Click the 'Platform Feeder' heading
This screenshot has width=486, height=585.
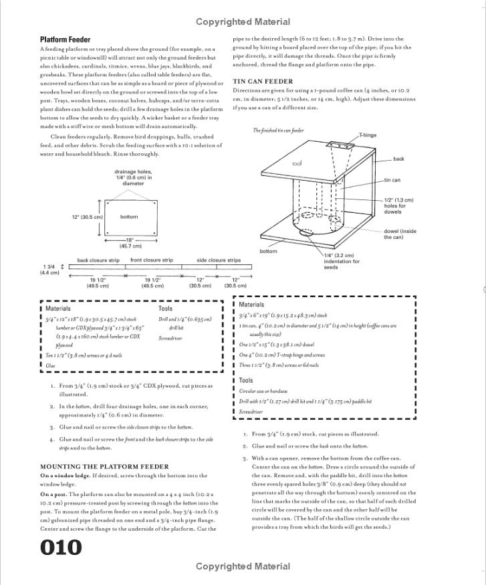tap(65, 39)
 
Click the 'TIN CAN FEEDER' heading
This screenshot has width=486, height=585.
tap(263, 82)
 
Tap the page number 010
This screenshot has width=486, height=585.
tap(61, 547)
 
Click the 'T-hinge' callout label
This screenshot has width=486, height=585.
tap(367, 135)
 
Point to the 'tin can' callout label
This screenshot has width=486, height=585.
tap(392, 180)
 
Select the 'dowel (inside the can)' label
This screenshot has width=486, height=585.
tap(399, 234)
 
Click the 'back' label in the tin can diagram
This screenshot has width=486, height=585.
tap(398, 159)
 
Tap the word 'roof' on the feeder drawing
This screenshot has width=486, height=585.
tap(297, 163)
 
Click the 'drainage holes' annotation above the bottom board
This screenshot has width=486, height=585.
tap(133, 177)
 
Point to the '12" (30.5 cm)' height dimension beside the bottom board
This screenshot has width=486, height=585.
tap(88, 217)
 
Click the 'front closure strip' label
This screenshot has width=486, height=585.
tap(151, 260)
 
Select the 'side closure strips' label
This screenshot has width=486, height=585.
tap(219, 260)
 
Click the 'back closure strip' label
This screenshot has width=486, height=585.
tap(98, 260)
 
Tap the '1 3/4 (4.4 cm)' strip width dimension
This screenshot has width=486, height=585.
tap(49, 270)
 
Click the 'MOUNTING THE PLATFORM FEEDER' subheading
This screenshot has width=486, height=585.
tap(104, 467)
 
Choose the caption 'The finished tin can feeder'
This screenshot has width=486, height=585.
tap(278, 131)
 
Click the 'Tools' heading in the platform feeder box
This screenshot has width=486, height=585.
tap(165, 309)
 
